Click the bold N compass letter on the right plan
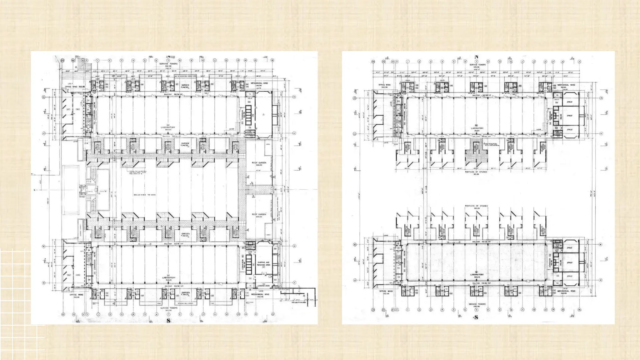[476, 57]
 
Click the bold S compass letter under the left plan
[168, 321]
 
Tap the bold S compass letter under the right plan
[476, 318]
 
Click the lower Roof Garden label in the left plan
[259, 215]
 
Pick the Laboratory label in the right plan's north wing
[477, 129]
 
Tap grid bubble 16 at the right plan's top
[579, 62]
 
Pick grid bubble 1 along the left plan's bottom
[98, 314]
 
